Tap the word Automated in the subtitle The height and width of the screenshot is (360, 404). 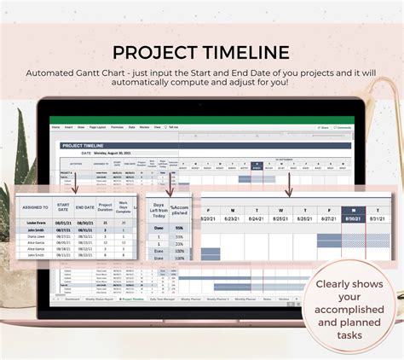(100, 73)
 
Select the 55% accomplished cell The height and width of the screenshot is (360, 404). (179, 229)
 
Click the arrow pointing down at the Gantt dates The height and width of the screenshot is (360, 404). (289, 182)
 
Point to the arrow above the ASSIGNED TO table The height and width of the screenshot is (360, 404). (73, 182)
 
